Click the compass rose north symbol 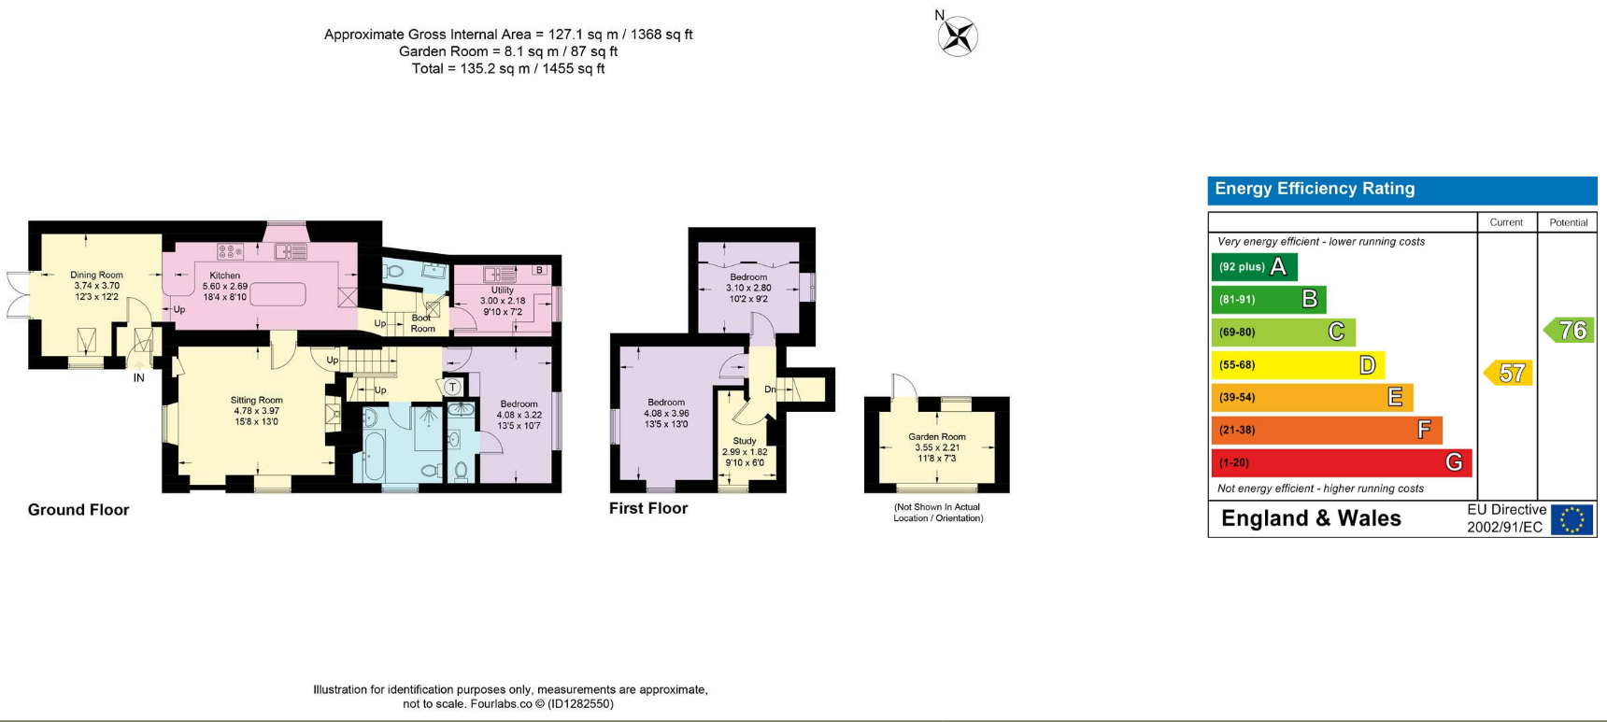coord(957,36)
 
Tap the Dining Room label coord(96,276)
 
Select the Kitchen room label coord(225,276)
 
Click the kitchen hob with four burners coord(231,251)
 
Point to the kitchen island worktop coord(277,294)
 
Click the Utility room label coord(503,290)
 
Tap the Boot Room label coord(422,323)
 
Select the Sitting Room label coord(257,400)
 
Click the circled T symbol coord(453,387)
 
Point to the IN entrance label coord(139,378)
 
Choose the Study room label coord(745,441)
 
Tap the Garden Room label coord(937,436)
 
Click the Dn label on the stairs coord(770,389)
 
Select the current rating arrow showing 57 coord(1508,374)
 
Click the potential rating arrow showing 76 coord(1568,330)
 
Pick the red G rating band coord(1342,462)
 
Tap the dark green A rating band coord(1255,267)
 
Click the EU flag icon coord(1571,519)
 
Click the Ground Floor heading coord(78,510)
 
